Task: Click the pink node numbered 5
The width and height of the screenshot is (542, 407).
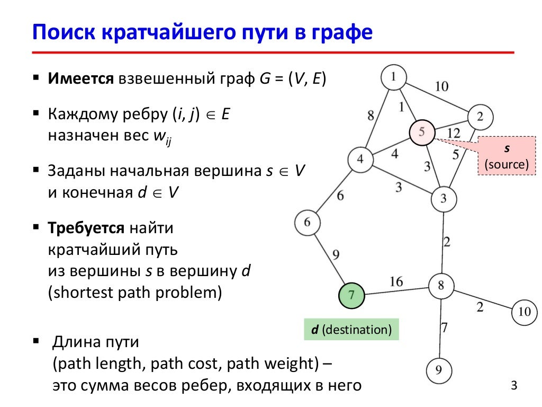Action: [422, 132]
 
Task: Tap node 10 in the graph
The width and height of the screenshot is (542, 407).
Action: [524, 312]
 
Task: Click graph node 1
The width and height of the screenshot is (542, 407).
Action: [393, 77]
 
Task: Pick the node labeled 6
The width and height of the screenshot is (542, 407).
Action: [308, 223]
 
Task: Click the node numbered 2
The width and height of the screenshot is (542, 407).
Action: [480, 116]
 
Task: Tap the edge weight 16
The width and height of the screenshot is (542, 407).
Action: [396, 281]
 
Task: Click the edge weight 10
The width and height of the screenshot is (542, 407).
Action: [441, 86]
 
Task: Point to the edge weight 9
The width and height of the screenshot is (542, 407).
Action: [336, 255]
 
